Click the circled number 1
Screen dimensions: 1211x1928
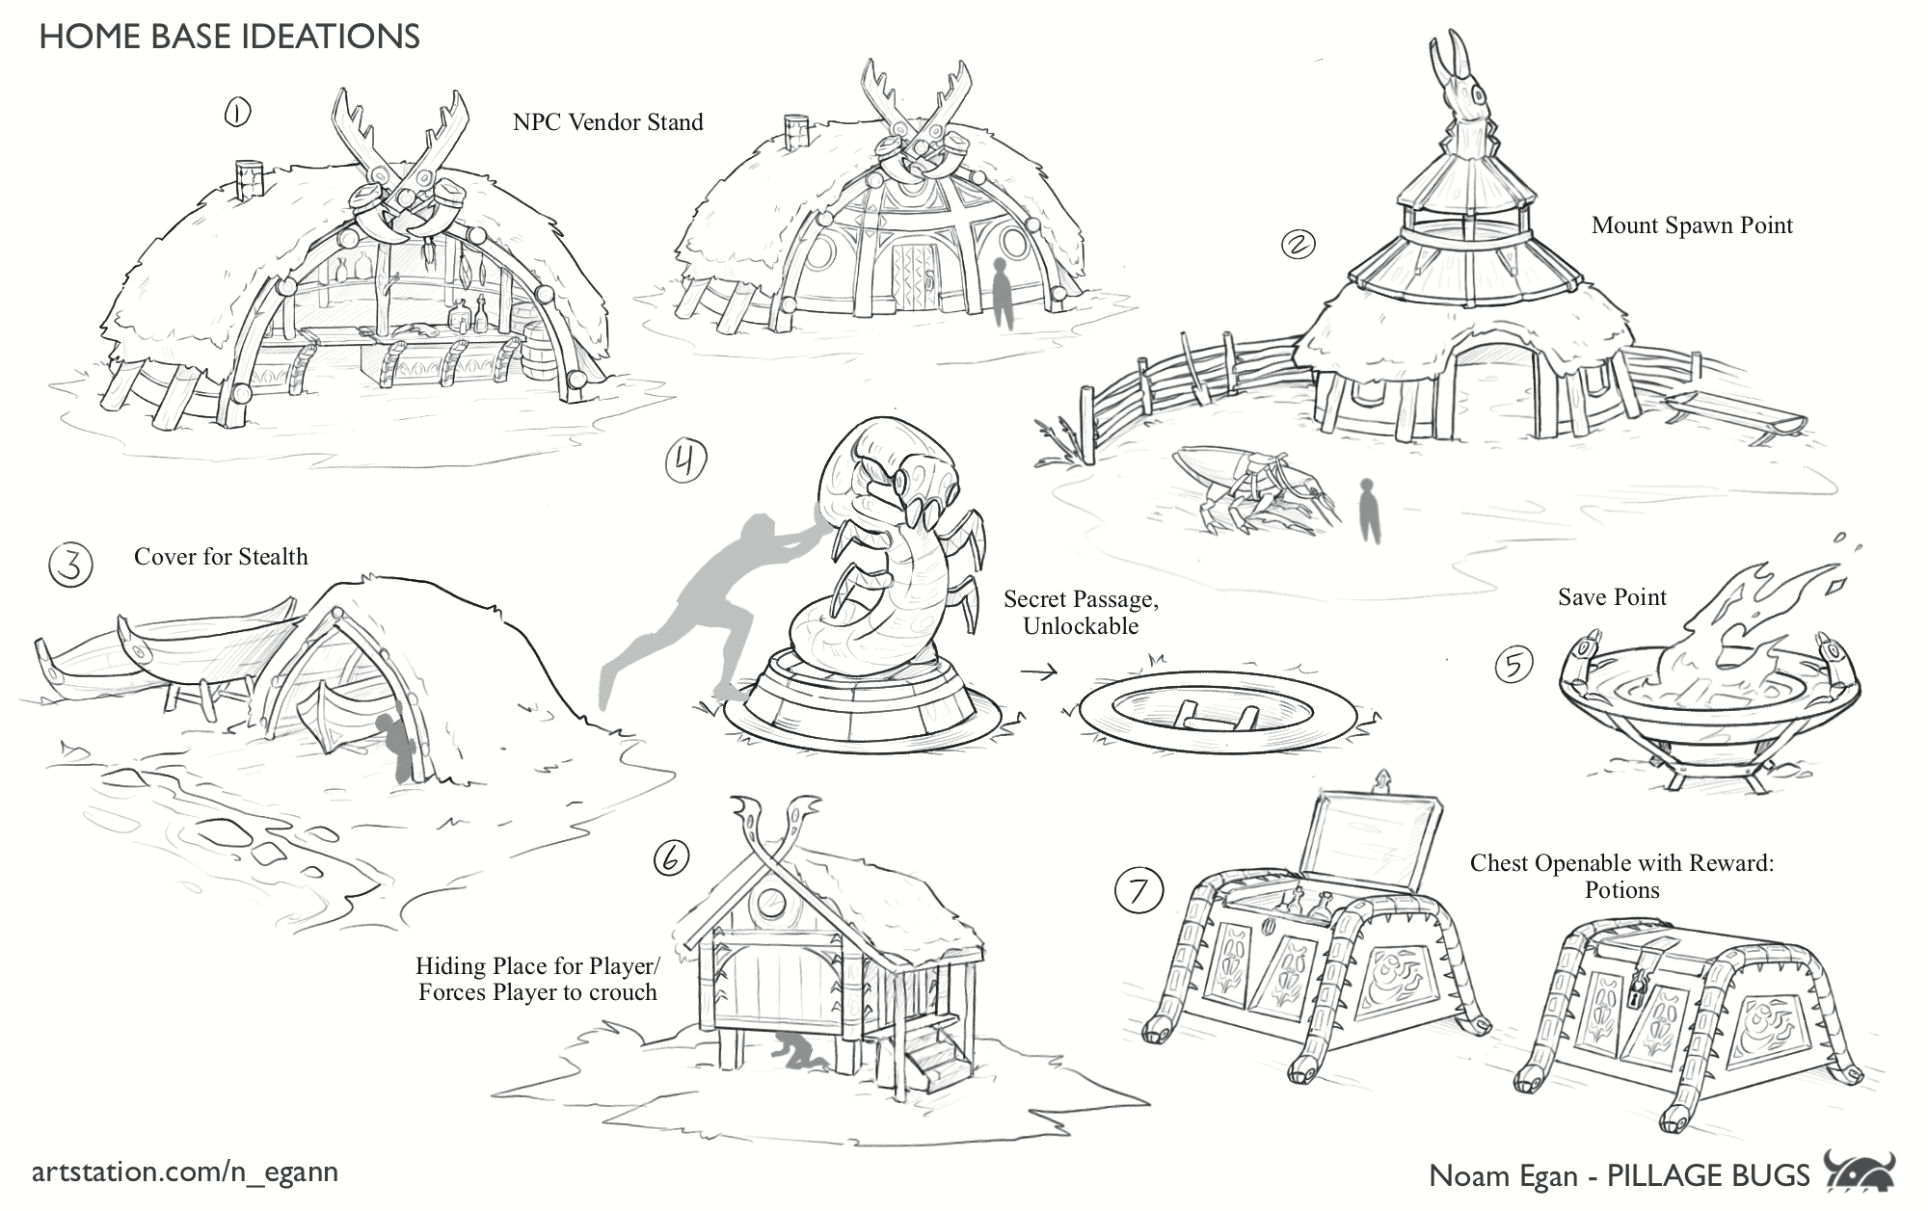pos(237,114)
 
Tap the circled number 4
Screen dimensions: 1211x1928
pos(685,462)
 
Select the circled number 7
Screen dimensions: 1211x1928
pos(1138,890)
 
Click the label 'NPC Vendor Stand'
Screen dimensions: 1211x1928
pos(607,122)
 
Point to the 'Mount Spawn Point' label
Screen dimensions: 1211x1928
pos(1692,225)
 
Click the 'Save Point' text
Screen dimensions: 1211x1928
pos(1612,597)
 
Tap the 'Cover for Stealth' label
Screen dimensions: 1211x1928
pos(221,557)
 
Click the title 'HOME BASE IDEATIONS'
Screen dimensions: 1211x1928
pos(229,37)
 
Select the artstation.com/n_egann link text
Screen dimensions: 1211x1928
pos(185,1172)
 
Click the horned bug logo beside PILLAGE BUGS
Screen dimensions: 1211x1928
pos(1860,1172)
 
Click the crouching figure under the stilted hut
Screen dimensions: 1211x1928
pos(797,1052)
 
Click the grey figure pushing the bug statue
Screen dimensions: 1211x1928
pos(704,607)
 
